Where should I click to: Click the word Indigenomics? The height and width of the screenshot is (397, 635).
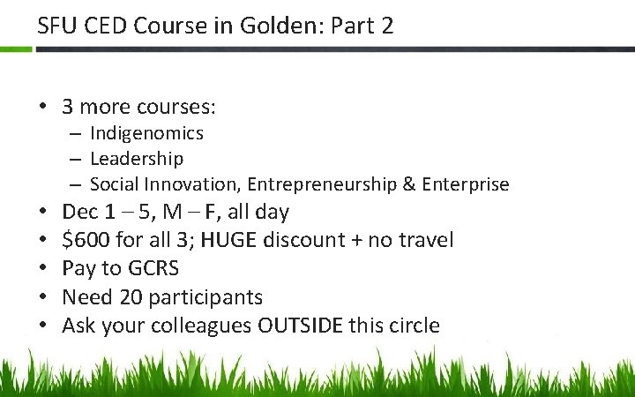click(x=146, y=133)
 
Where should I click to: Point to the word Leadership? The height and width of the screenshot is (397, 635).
click(x=137, y=159)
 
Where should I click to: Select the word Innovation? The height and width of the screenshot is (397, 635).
click(x=198, y=184)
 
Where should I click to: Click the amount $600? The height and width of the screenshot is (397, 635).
click(x=86, y=240)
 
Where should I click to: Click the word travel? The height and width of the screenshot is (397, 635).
click(x=429, y=240)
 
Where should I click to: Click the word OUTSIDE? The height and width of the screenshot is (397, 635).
click(x=300, y=325)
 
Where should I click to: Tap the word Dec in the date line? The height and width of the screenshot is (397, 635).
click(x=80, y=212)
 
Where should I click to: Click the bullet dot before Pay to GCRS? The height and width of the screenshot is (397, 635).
click(x=42, y=268)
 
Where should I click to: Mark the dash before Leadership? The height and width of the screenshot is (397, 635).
click(x=77, y=160)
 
